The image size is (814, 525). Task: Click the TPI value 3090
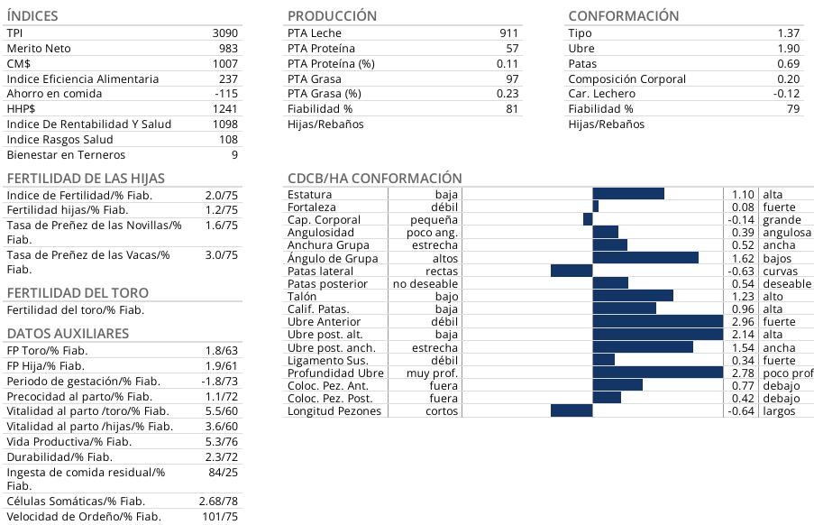point(224,32)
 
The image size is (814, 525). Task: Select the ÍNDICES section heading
point(32,15)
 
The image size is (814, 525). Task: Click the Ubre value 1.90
point(788,48)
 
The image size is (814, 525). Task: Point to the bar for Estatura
point(628,194)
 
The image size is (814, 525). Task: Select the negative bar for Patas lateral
point(572,271)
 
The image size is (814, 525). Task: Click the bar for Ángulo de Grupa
point(645,258)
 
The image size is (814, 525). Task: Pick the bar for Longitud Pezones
point(572,411)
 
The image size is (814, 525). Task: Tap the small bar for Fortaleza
point(596,207)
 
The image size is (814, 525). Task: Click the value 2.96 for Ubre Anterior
point(742,322)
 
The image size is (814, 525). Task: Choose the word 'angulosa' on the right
point(786,233)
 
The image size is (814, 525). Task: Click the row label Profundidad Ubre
point(335,373)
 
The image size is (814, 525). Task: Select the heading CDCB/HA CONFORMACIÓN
point(374,179)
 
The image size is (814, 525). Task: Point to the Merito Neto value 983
point(228,48)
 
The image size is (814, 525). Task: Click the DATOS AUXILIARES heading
point(68,333)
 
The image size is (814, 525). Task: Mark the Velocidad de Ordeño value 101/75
point(219,516)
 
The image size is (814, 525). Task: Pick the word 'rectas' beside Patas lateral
point(442,271)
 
